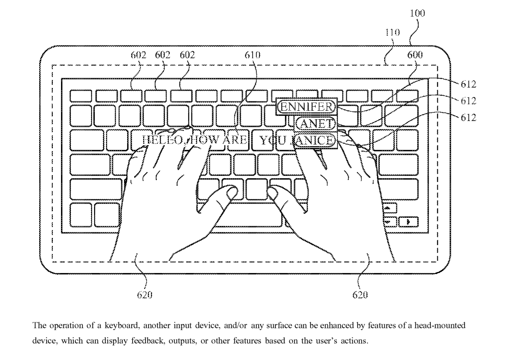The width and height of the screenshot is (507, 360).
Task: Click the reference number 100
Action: point(417,13)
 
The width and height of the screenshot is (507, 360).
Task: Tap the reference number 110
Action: point(392,32)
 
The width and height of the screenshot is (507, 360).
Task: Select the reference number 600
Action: point(415,55)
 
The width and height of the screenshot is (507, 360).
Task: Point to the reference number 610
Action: point(252,55)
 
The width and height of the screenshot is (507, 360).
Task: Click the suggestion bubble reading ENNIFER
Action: point(306,107)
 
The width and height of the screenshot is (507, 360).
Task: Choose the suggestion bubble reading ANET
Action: point(316,123)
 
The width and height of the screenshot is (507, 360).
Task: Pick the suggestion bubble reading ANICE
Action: point(314,140)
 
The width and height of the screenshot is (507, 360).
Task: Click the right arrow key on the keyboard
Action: point(408,222)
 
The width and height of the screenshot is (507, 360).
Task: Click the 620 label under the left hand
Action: point(144,295)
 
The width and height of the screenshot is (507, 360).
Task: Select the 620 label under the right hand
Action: point(360,295)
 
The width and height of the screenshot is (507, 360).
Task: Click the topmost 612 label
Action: point(468,84)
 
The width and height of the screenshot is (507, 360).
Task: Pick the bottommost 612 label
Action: point(468,118)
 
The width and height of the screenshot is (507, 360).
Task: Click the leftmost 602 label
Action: point(138,55)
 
